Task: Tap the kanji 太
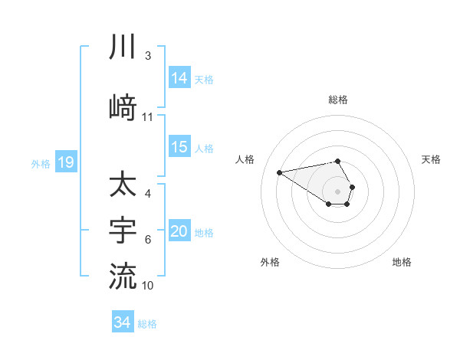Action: point(123,186)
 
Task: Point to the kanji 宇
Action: point(123,229)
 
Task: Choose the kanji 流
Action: point(123,273)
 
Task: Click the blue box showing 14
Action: point(179,78)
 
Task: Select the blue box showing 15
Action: point(179,148)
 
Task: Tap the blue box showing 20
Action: point(179,232)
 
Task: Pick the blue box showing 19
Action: point(65,162)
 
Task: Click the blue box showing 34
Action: point(122,323)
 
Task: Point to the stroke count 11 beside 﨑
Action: point(148,117)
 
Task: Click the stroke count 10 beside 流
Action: point(148,285)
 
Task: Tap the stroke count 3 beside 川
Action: point(148,56)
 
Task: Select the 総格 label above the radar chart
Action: point(338,100)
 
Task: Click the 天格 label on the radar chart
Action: point(431,159)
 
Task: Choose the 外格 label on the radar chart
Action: point(270,262)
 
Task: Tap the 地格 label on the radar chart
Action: point(402,262)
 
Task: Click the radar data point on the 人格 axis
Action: point(280,172)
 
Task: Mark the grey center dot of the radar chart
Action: point(337,191)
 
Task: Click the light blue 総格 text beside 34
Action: point(147,324)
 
